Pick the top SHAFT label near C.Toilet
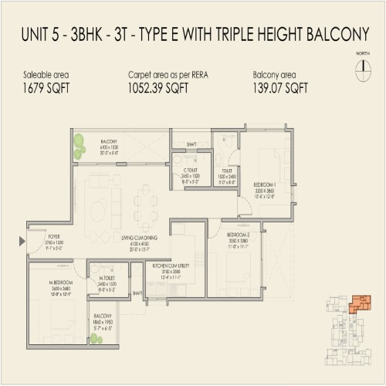[x=191, y=143]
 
